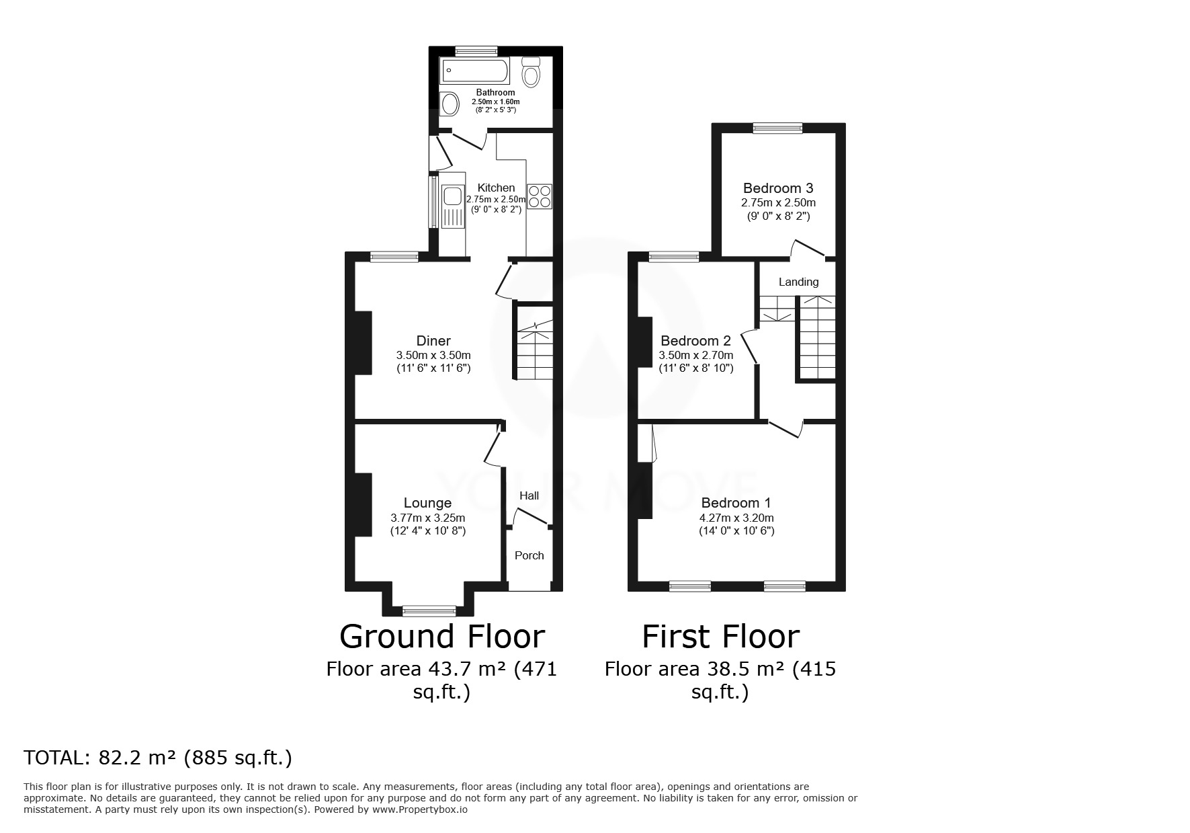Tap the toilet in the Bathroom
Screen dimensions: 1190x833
(x=531, y=72)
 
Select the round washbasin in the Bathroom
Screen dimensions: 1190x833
(x=450, y=104)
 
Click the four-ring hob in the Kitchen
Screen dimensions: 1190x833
(x=540, y=196)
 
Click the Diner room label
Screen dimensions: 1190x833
(x=433, y=341)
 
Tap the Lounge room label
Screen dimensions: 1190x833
(x=427, y=503)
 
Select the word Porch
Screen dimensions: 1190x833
(x=529, y=555)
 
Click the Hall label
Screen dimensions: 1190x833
(x=529, y=495)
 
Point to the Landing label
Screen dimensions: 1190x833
(x=799, y=282)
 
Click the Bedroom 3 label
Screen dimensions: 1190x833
(x=778, y=188)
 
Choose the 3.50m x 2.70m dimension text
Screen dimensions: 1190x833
(x=696, y=355)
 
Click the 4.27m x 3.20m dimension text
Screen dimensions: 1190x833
(x=736, y=518)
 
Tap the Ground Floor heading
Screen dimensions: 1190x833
(x=442, y=636)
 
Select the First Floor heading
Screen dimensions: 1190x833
(x=720, y=636)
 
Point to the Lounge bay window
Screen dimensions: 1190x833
(x=429, y=610)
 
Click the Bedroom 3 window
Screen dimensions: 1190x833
(x=778, y=128)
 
